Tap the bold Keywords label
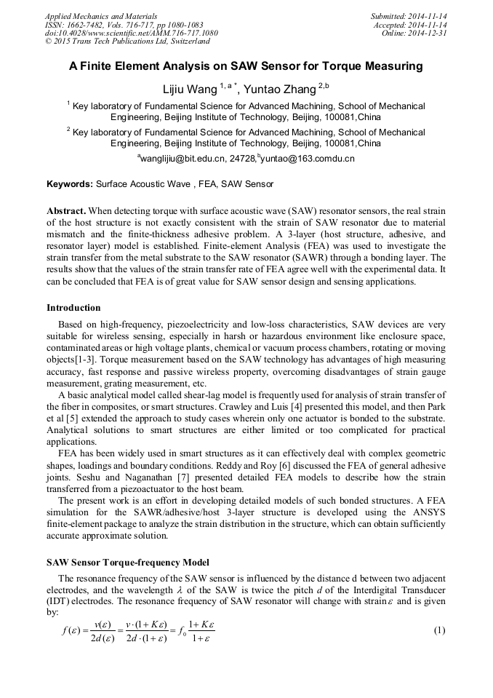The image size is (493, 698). [70, 185]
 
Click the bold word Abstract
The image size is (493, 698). [67, 210]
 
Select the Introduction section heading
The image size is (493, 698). [73, 308]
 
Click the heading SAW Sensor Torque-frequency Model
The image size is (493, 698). [128, 563]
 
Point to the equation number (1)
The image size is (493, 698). [438, 630]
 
